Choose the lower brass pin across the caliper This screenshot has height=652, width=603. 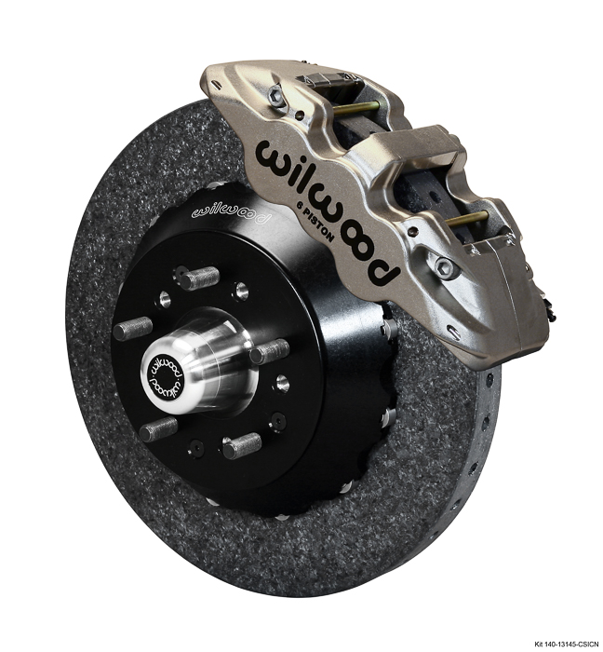pyautogui.click(x=470, y=220)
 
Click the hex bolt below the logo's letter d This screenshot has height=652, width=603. pyautogui.click(x=446, y=267)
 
